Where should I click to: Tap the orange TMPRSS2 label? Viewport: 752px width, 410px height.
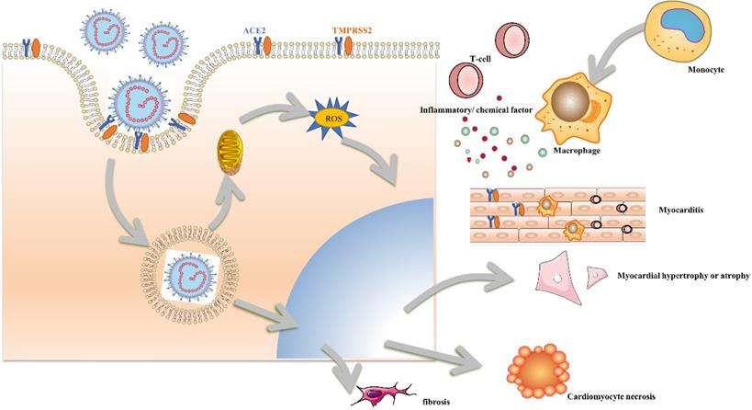tap(354, 30)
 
